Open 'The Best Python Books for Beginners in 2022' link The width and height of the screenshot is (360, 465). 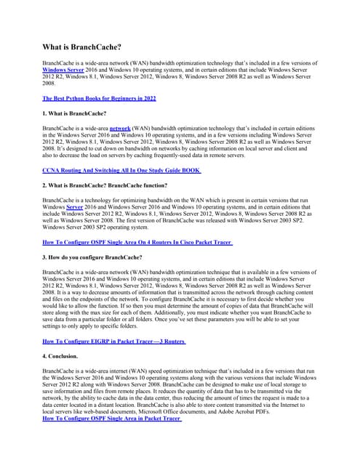(99, 98)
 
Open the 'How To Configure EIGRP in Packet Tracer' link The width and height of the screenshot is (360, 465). (114, 341)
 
